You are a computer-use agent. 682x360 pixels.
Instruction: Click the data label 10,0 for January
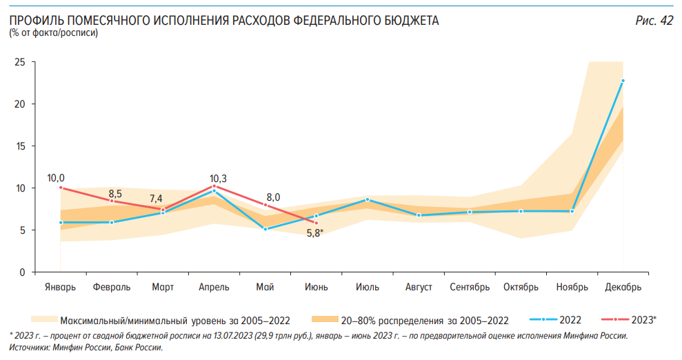(x=56, y=178)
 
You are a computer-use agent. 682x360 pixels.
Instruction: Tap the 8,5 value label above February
(x=115, y=194)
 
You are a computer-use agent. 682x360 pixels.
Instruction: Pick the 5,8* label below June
(x=315, y=233)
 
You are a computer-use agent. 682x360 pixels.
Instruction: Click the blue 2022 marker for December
(x=623, y=81)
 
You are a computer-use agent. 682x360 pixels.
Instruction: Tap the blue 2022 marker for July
(x=368, y=199)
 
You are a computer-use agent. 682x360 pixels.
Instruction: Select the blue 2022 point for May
(x=265, y=229)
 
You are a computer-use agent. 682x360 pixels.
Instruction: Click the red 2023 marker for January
(x=61, y=188)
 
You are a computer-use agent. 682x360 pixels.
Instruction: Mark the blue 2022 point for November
(x=572, y=211)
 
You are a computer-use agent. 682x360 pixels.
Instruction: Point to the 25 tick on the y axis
(x=20, y=62)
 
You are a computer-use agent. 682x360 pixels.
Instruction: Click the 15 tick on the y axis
(x=20, y=146)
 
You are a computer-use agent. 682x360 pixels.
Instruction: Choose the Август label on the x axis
(x=419, y=287)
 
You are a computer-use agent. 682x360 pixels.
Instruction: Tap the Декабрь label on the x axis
(x=623, y=287)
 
